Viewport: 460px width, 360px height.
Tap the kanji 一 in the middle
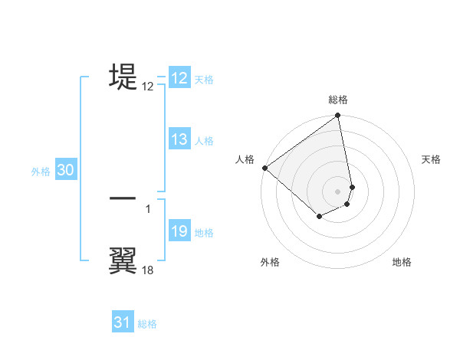123,198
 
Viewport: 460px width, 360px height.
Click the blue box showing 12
179,78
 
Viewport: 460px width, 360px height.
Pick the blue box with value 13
179,139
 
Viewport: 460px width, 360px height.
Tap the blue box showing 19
179,232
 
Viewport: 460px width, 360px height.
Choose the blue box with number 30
65,171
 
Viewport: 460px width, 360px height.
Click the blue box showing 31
123,322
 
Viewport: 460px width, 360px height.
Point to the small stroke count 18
148,270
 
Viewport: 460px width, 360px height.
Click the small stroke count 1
148,208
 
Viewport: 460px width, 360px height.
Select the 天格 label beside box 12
204,80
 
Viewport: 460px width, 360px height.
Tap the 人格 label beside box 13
204,141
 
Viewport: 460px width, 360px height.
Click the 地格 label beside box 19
204,233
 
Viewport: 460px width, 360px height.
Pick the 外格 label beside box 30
41,172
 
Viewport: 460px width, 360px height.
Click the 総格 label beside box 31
147,324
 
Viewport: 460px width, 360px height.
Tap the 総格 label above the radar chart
338,100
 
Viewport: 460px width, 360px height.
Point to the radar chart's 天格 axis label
431,159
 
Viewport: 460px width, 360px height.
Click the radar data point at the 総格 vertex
338,116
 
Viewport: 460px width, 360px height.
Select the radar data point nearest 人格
264,168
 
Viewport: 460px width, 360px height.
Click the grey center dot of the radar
338,191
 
